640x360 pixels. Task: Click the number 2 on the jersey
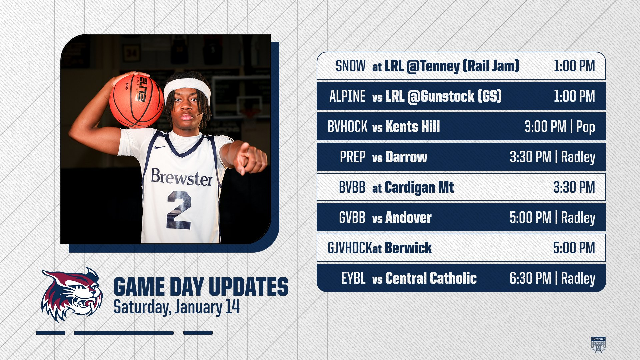pos(179,210)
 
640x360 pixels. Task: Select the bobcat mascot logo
pos(72,295)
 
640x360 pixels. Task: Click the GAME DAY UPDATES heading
pos(201,287)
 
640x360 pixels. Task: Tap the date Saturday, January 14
pos(177,307)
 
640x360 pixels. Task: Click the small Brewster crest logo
pos(598,345)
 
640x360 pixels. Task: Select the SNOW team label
pos(350,66)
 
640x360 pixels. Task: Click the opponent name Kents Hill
pos(413,127)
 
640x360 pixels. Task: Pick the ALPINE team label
pos(347,96)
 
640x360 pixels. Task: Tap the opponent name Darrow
pos(406,157)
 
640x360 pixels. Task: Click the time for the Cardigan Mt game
pos(574,187)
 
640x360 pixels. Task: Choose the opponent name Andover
pos(408,218)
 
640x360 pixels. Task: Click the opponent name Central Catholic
pos(431,278)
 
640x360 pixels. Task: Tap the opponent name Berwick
pos(408,248)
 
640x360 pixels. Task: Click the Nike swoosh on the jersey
pos(160,147)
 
